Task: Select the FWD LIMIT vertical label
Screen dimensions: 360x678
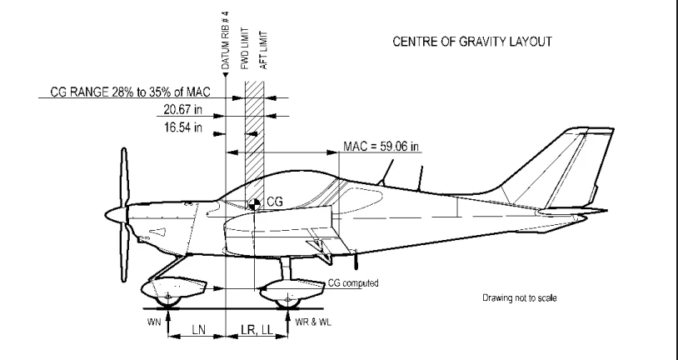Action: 245,46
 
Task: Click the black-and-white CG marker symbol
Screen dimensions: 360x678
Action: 253,202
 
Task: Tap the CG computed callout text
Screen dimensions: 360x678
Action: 351,283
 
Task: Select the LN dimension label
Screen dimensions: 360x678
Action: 197,332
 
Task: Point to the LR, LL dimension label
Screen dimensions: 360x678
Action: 256,332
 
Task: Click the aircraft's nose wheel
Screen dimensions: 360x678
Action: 170,296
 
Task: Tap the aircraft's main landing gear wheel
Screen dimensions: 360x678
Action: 289,296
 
